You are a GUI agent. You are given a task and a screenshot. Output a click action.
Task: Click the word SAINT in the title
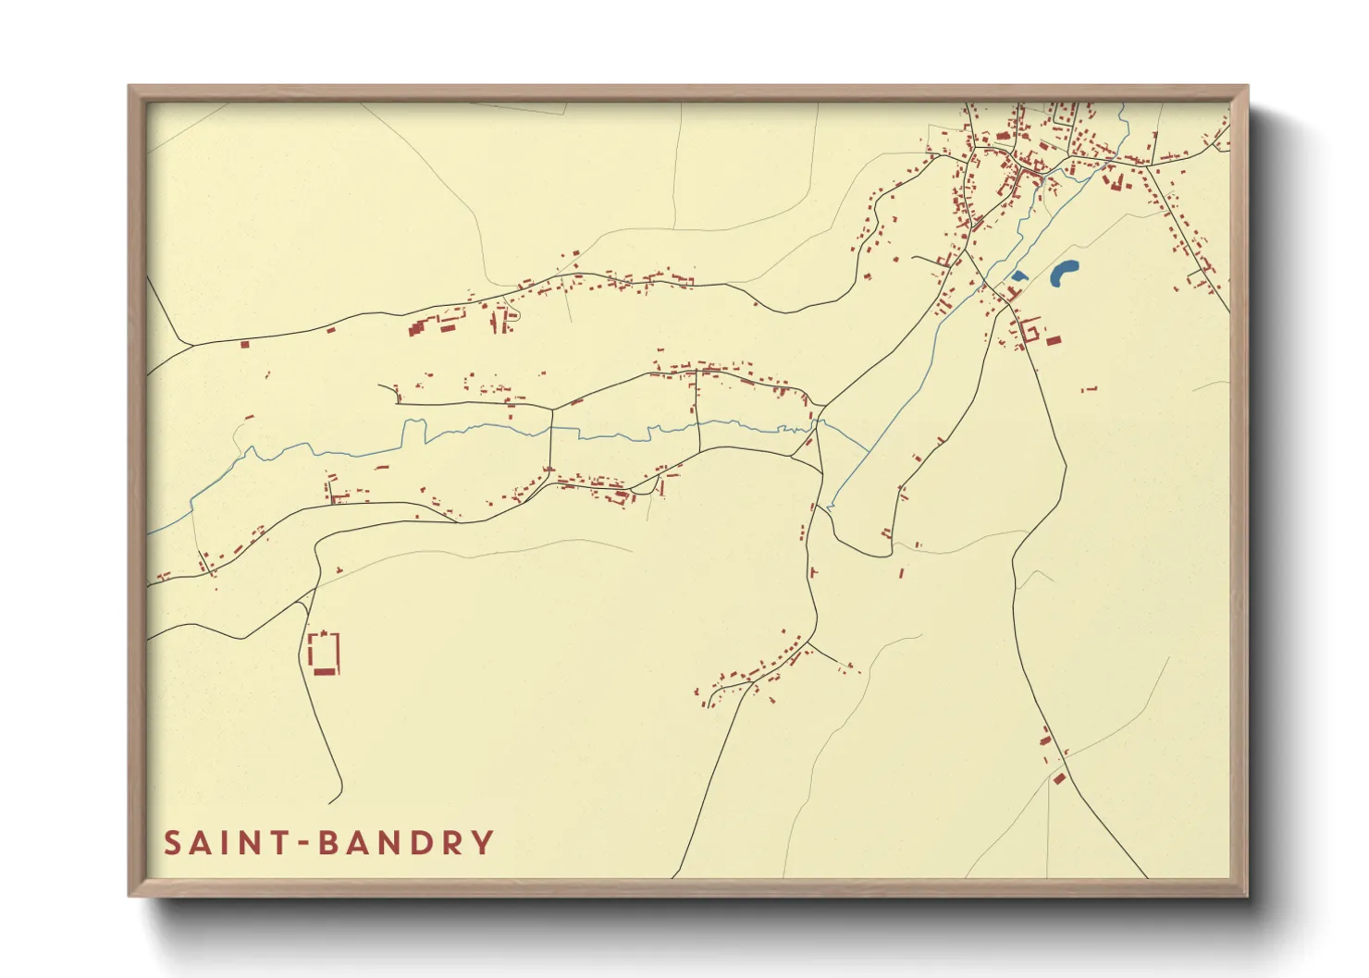pyautogui.click(x=228, y=843)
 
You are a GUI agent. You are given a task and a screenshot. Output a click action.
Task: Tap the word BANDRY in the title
pyautogui.click(x=405, y=843)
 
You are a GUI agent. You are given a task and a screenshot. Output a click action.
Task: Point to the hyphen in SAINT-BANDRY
pyautogui.click(x=302, y=844)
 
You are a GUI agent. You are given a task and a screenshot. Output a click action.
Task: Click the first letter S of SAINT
pyautogui.click(x=173, y=843)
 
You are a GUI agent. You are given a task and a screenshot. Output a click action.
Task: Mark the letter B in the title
pyautogui.click(x=327, y=843)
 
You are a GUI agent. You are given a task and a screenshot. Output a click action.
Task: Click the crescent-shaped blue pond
pyautogui.click(x=1064, y=272)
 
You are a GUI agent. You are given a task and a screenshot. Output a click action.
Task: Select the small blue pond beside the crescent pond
pyautogui.click(x=1018, y=275)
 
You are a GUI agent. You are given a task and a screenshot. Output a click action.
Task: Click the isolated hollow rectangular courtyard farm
pyautogui.click(x=324, y=651)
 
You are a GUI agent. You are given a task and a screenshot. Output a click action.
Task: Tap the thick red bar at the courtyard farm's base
pyautogui.click(x=323, y=672)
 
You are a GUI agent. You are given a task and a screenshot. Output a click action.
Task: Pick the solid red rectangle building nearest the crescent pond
pyautogui.click(x=1054, y=342)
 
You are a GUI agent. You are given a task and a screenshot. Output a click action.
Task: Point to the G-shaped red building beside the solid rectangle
pyautogui.click(x=1030, y=330)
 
